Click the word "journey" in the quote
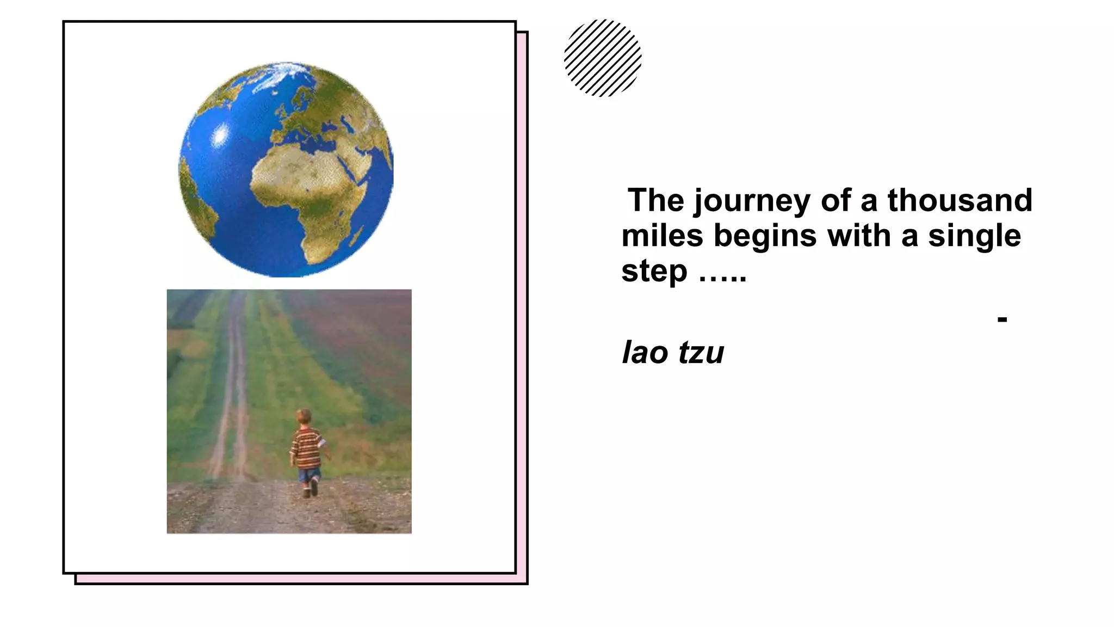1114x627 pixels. (752, 201)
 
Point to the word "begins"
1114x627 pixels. (765, 237)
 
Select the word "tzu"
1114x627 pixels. (701, 353)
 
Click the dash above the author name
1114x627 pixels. (1002, 319)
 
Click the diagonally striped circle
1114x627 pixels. (603, 58)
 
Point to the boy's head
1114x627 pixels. (304, 417)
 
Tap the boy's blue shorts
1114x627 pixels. (309, 475)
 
